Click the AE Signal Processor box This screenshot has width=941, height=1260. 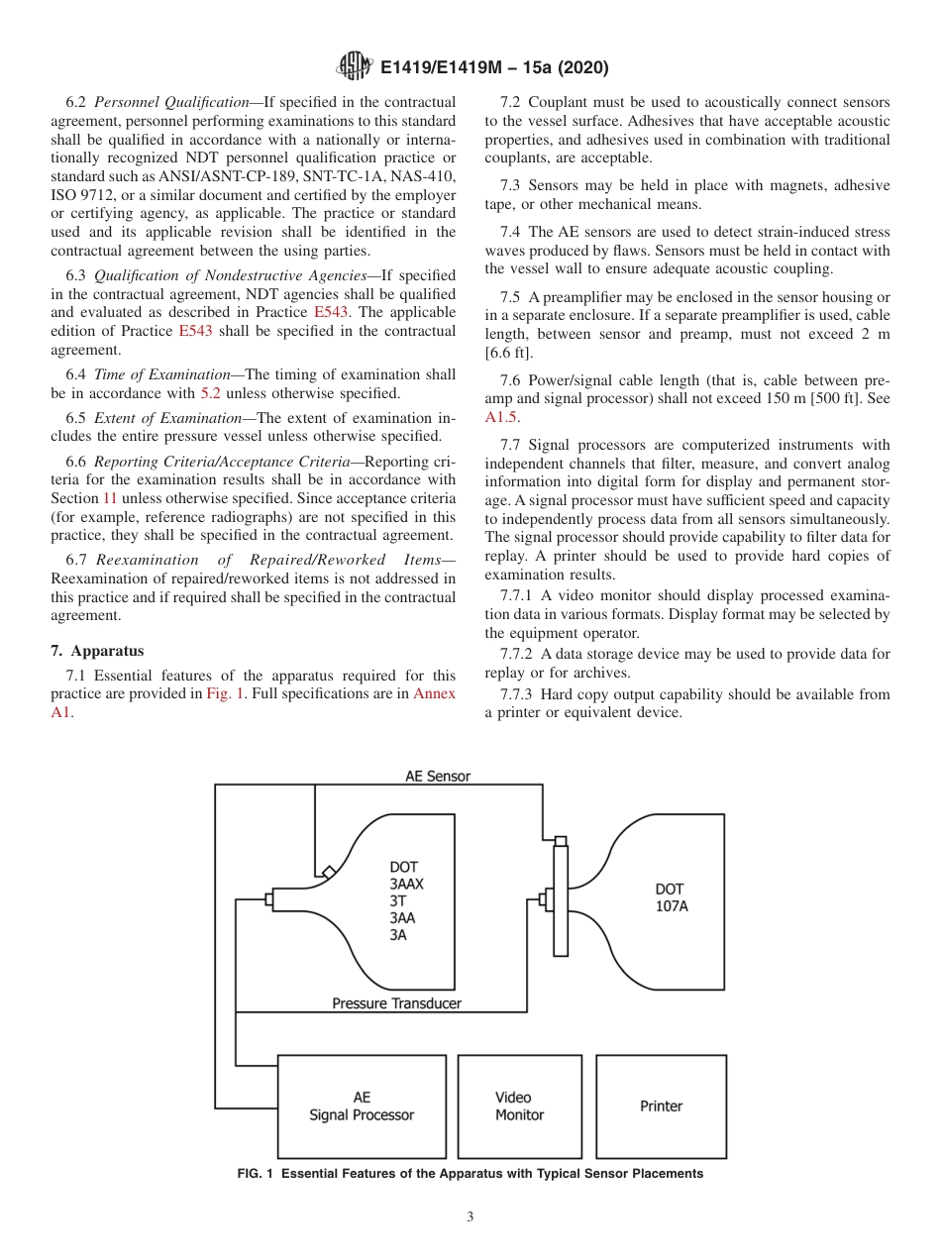pos(361,1106)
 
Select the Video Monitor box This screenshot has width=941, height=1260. pos(519,1106)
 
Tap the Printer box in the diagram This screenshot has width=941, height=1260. pos(661,1106)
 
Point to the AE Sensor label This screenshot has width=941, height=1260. pos(438,777)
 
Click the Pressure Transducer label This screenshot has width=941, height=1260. pos(396,1003)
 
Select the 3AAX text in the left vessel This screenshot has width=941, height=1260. pos(406,884)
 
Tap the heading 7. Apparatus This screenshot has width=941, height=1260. pos(97,651)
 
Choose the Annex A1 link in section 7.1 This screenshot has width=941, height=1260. pos(434,693)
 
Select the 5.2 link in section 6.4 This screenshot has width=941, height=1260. pos(211,392)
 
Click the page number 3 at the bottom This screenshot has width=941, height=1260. pos(470,1217)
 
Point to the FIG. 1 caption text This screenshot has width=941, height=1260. pos(470,1174)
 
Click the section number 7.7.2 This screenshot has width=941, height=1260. pos(516,654)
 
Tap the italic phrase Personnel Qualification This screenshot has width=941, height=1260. pos(170,102)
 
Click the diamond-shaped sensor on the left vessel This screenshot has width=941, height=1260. pos(327,871)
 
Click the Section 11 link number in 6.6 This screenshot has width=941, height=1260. pos(110,499)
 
